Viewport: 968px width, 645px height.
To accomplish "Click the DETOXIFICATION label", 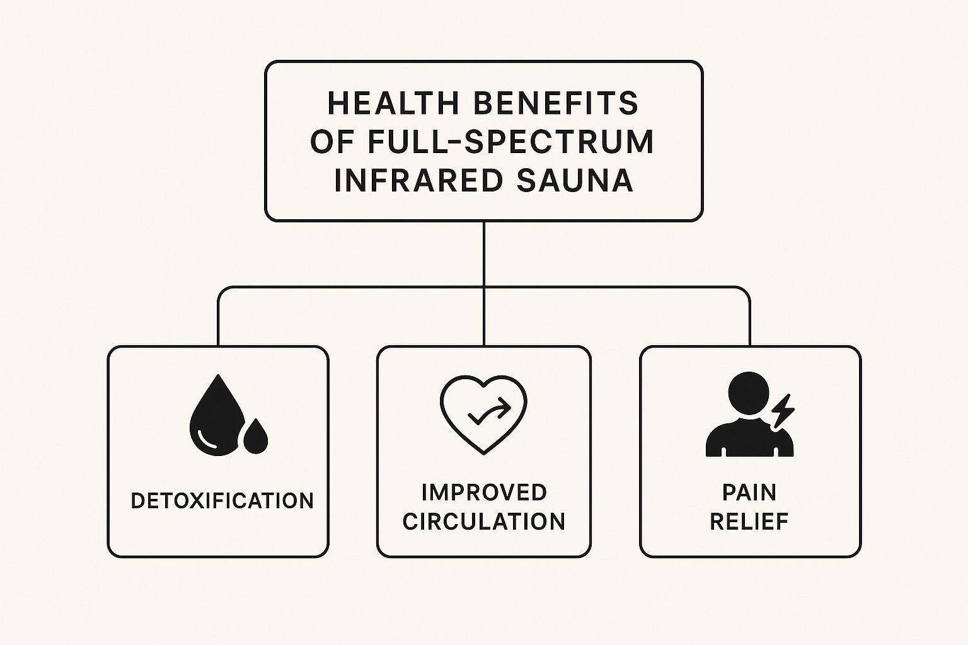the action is [222, 501].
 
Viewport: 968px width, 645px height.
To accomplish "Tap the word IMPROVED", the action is [484, 493].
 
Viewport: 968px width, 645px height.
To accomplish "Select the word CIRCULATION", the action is [484, 522].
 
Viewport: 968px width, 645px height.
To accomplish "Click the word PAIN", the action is [749, 493].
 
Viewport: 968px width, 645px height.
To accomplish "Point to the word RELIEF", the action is [749, 522].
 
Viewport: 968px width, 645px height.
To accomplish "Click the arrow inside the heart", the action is [490, 413].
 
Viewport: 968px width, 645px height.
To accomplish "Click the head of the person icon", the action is [749, 393].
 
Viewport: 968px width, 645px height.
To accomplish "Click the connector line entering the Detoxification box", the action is [219, 320].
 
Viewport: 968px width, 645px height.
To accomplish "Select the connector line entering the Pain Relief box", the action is [749, 320].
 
